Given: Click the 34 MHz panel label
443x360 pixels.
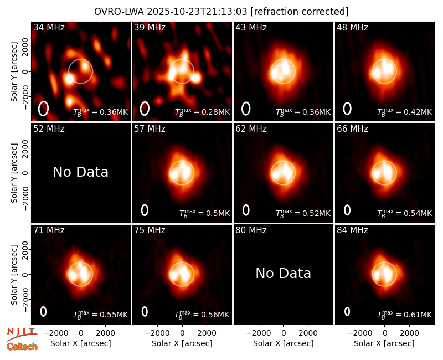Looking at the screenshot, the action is [49, 27].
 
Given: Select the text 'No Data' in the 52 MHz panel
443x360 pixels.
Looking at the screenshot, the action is [80, 172].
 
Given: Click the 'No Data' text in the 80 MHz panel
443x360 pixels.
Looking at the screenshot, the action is [284, 273].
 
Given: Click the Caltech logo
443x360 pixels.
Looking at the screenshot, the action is [22, 347].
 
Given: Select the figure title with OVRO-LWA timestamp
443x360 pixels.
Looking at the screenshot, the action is [221, 12].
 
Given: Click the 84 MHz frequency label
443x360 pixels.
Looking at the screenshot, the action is [352, 230].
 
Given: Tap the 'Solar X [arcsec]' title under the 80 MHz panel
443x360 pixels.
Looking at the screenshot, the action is [284, 343].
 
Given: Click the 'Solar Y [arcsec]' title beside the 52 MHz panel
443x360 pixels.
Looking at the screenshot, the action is [14, 173].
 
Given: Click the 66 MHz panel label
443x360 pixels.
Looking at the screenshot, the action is [352, 129].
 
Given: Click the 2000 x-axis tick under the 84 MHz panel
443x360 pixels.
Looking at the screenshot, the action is [409, 333].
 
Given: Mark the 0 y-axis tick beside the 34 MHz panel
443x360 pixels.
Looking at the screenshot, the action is [26, 71].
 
